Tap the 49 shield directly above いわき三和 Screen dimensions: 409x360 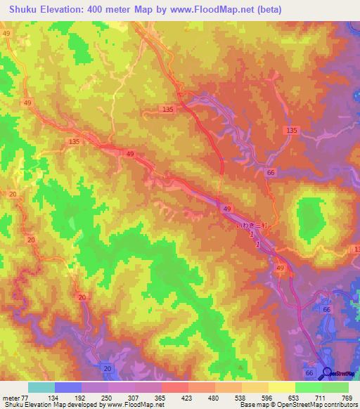pyautogui.click(x=227, y=209)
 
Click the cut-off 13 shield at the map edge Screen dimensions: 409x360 pyautogui.click(x=356, y=249)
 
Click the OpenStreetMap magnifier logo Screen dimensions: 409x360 pyautogui.click(x=327, y=372)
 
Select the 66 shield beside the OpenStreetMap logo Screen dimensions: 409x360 pyautogui.click(x=310, y=372)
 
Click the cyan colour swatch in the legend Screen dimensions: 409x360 pyautogui.click(x=41, y=387)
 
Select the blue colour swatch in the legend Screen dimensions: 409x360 pyautogui.click(x=68, y=387)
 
